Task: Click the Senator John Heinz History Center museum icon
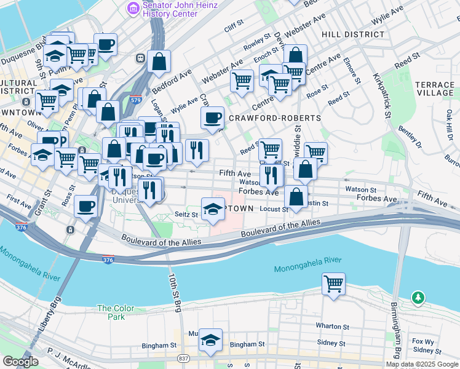pyautogui.click(x=133, y=8)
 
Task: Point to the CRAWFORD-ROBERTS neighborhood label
pyautogui.click(x=274, y=117)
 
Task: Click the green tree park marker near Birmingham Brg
pyautogui.click(x=418, y=298)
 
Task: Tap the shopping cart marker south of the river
pyautogui.click(x=333, y=284)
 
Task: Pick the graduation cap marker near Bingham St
pyautogui.click(x=210, y=341)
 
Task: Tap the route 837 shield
pyautogui.click(x=184, y=359)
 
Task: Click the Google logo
pyautogui.click(x=20, y=362)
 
